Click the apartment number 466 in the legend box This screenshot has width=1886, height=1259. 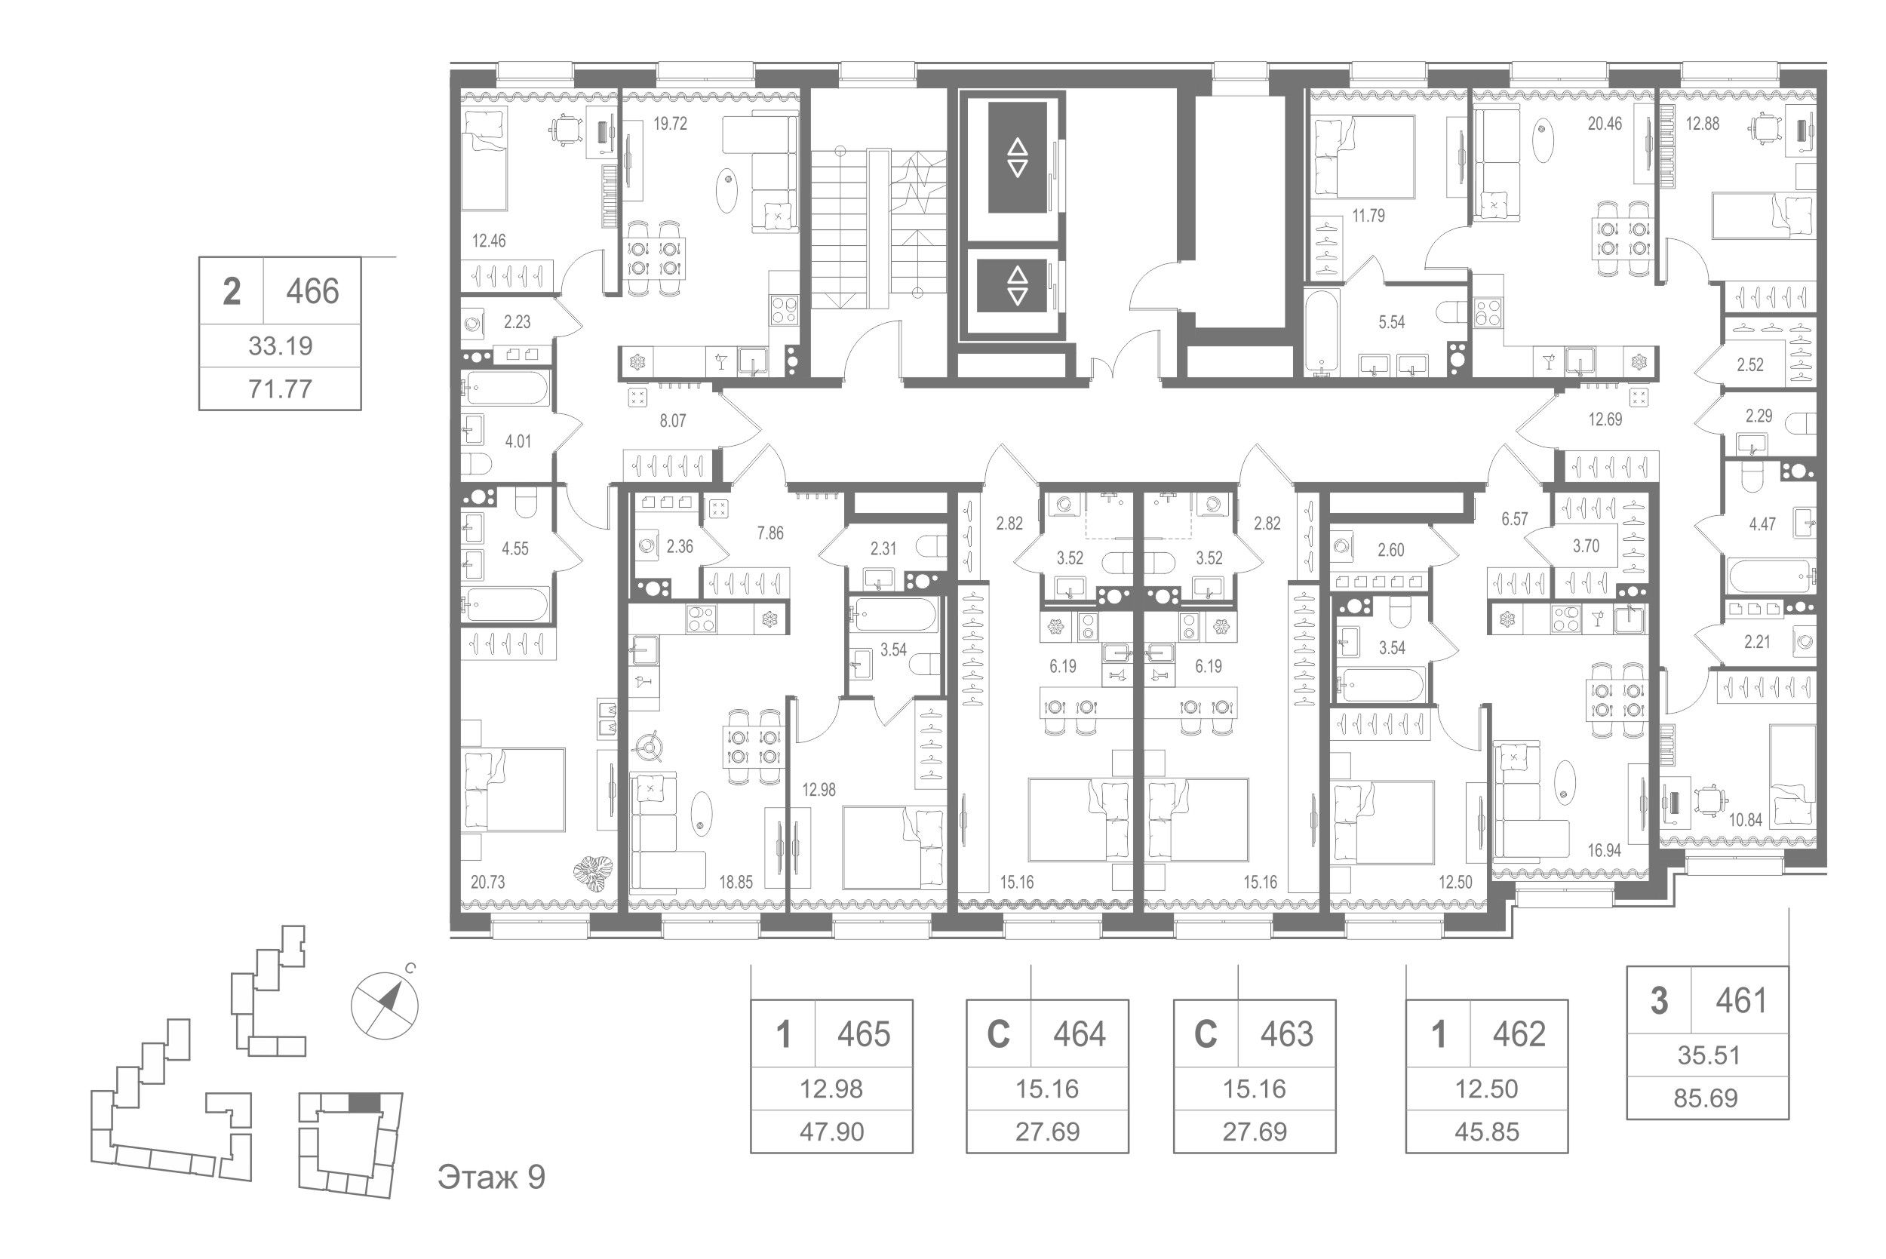pyautogui.click(x=312, y=290)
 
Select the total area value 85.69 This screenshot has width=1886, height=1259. pyautogui.click(x=1706, y=1098)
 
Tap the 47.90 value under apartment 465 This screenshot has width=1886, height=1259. pyautogui.click(x=832, y=1132)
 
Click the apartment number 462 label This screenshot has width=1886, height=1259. pyautogui.click(x=1519, y=1034)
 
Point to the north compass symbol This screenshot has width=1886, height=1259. pyautogui.click(x=385, y=1006)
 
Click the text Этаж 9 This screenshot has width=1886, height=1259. pyautogui.click(x=491, y=1177)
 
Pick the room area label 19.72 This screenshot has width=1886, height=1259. pyautogui.click(x=670, y=124)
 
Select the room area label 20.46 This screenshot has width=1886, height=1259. pyautogui.click(x=1604, y=124)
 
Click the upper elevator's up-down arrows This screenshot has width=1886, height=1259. pyautogui.click(x=1017, y=158)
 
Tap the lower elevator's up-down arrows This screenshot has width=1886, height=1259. pyautogui.click(x=1017, y=285)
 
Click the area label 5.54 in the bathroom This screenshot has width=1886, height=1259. pyautogui.click(x=1391, y=322)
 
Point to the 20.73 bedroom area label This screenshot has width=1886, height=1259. pyautogui.click(x=487, y=883)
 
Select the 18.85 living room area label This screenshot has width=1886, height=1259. pyautogui.click(x=736, y=883)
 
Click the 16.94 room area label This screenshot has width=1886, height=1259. pyautogui.click(x=1603, y=850)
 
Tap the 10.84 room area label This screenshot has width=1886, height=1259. pyautogui.click(x=1746, y=820)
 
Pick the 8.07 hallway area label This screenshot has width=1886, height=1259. pyautogui.click(x=673, y=421)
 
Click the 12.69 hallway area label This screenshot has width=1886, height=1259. pyautogui.click(x=1604, y=419)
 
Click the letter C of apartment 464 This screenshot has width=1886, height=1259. pyautogui.click(x=998, y=1034)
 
